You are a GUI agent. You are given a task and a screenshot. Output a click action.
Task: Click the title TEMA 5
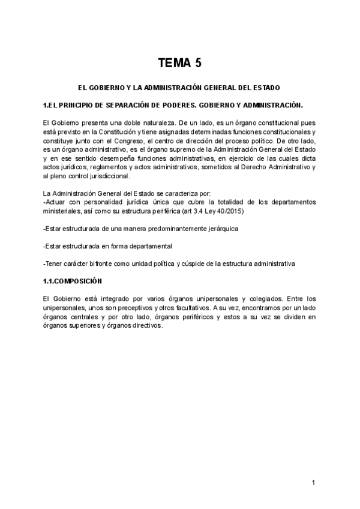[x=179, y=62]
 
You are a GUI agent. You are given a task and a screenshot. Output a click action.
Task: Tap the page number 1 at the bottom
[x=314, y=482]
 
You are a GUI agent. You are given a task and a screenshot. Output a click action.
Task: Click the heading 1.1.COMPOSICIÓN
[x=73, y=281]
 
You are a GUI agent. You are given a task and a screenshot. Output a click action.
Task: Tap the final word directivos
[x=146, y=325]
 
